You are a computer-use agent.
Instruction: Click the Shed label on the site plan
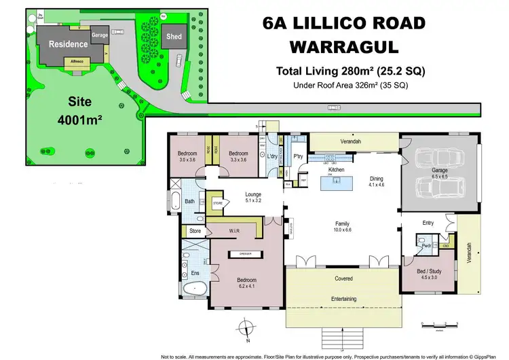click(173, 36)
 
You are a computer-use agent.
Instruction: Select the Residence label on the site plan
click(68, 44)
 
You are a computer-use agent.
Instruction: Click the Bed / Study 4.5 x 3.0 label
click(430, 274)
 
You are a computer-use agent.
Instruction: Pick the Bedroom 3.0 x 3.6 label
click(187, 157)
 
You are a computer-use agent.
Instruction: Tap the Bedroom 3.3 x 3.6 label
click(238, 157)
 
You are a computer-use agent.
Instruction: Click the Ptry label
click(297, 156)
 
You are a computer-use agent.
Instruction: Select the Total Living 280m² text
click(350, 71)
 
